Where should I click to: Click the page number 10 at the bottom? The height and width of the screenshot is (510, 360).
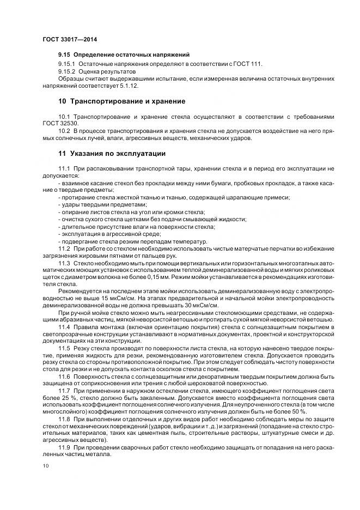pyautogui.click(x=45, y=465)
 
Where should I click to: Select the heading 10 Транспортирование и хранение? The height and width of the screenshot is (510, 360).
pyautogui.click(x=121, y=101)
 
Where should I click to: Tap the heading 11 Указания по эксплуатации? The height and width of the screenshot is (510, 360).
pyautogui.click(x=112, y=153)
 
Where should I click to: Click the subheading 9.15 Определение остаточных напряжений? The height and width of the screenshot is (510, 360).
pyautogui.click(x=124, y=55)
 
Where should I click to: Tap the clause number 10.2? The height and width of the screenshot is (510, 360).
pyautogui.click(x=64, y=131)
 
